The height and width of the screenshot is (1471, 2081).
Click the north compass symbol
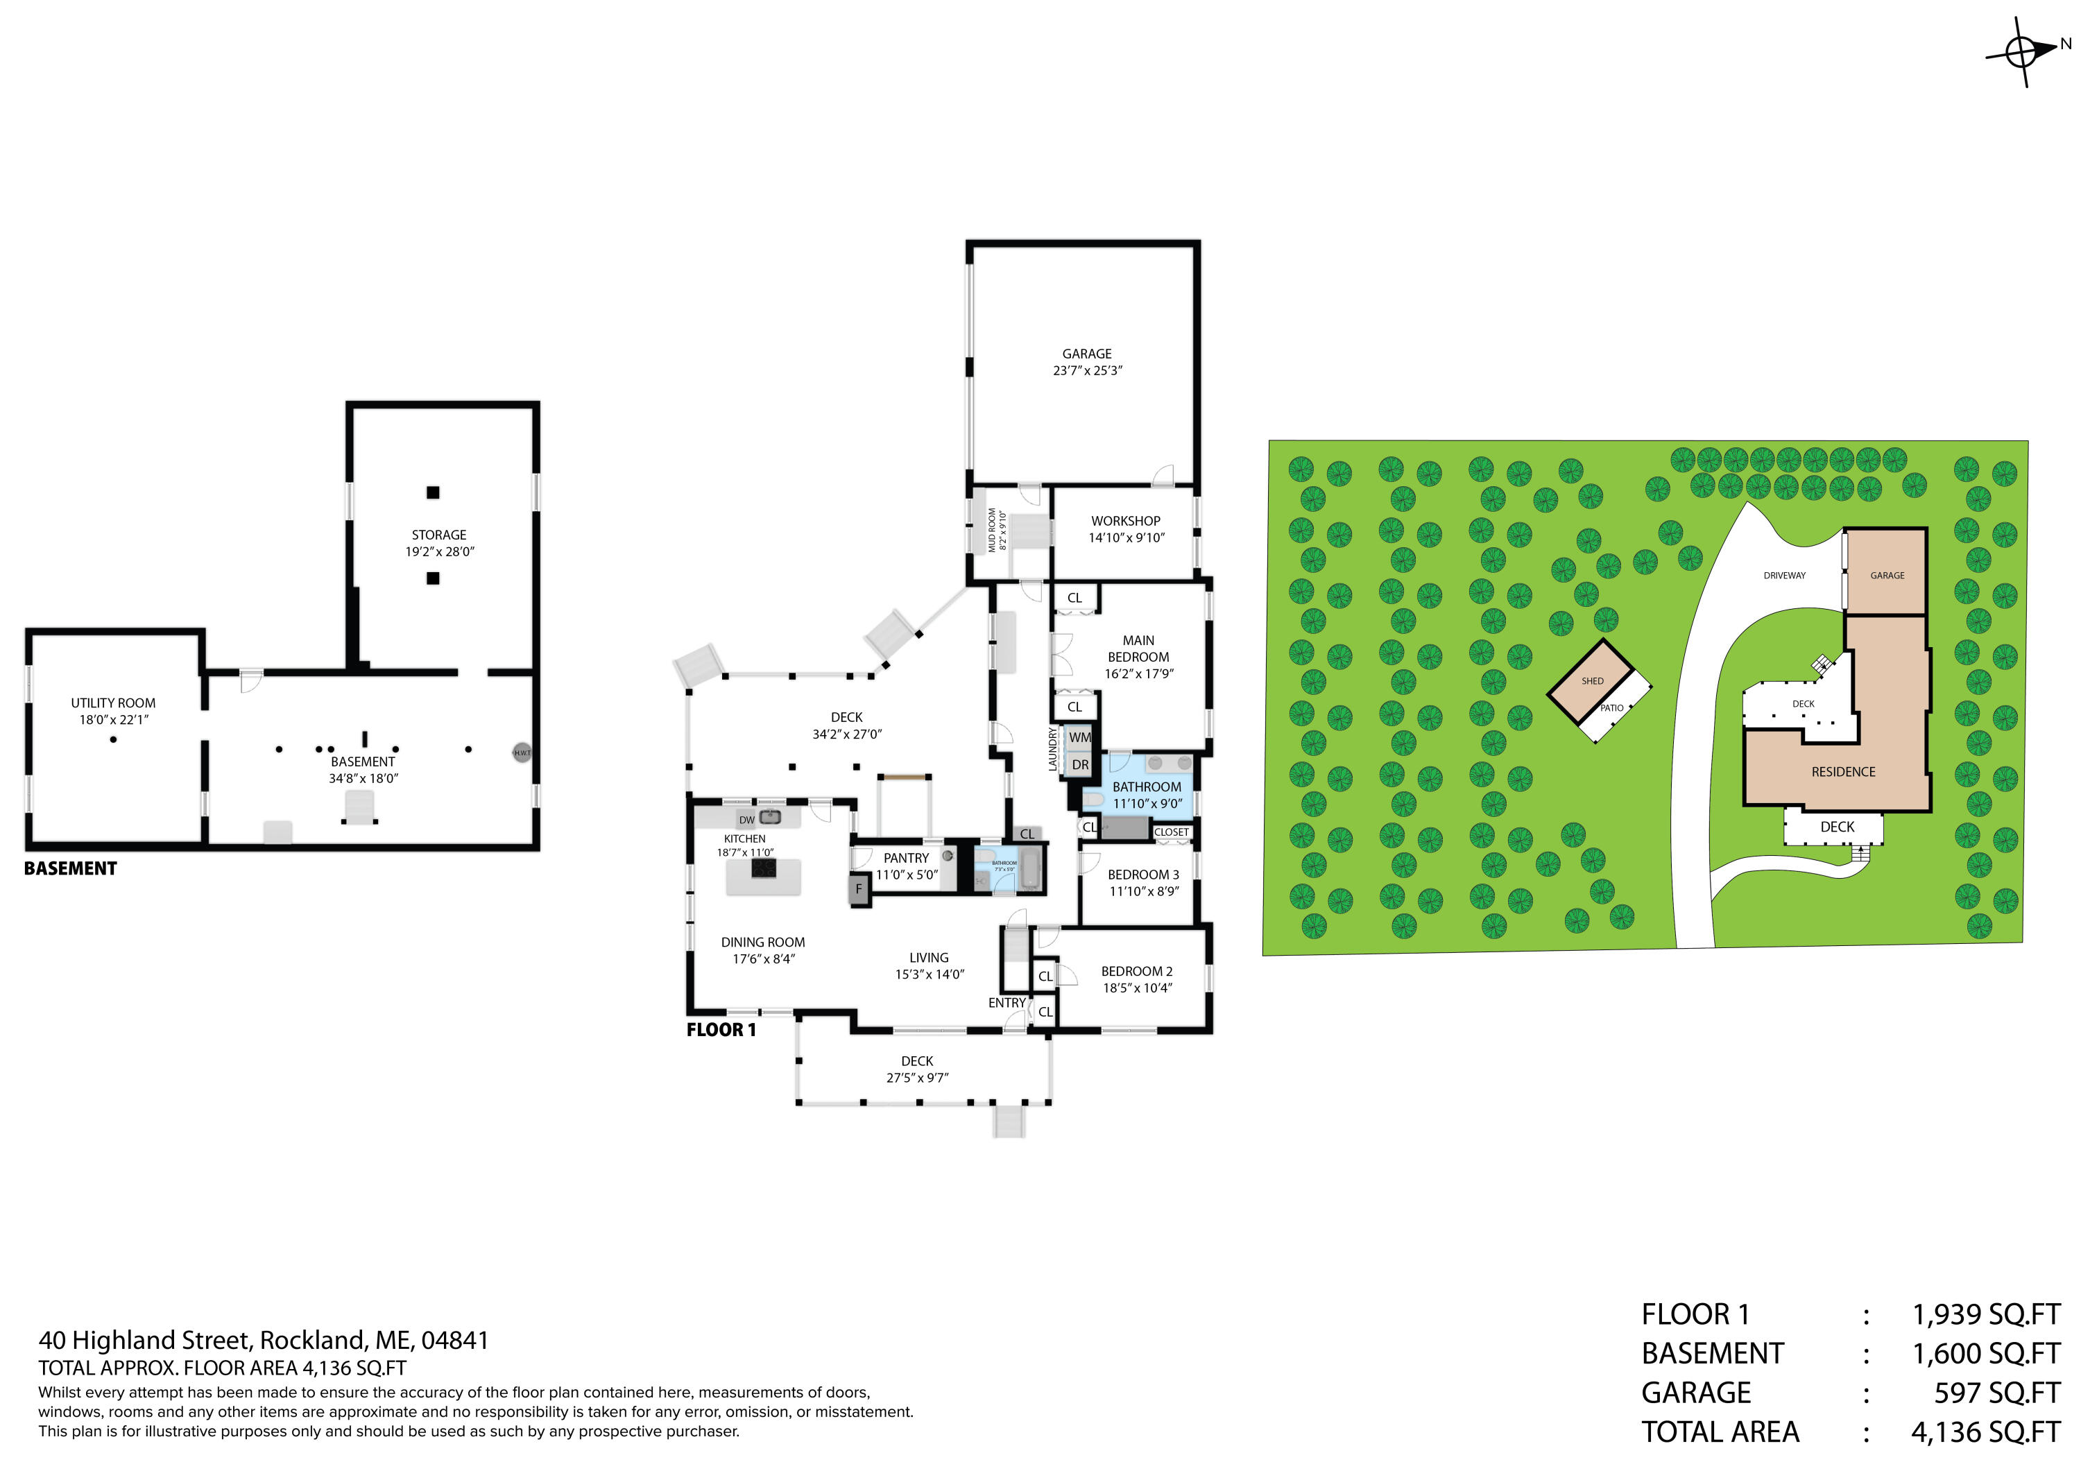tap(2021, 51)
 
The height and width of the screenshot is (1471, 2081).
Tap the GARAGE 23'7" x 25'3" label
tap(1087, 361)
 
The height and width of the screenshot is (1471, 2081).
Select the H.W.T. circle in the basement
tap(522, 752)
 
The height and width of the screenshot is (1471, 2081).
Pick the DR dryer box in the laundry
tap(1079, 764)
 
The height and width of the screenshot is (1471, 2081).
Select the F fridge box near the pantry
tap(858, 889)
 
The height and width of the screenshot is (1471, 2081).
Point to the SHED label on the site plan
tap(1593, 680)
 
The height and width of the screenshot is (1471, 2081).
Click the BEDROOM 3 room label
tap(1143, 875)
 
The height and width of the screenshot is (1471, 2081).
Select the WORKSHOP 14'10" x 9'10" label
tap(1126, 529)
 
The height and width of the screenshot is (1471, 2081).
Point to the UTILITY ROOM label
tap(113, 703)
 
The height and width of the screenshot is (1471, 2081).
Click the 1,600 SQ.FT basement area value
tap(1985, 1353)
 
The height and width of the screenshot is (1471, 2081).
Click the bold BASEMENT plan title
tap(71, 868)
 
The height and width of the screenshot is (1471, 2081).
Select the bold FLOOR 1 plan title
tap(721, 1030)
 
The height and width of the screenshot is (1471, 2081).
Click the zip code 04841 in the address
tap(455, 1340)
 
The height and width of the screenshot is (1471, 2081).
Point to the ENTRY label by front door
tap(1006, 1002)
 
